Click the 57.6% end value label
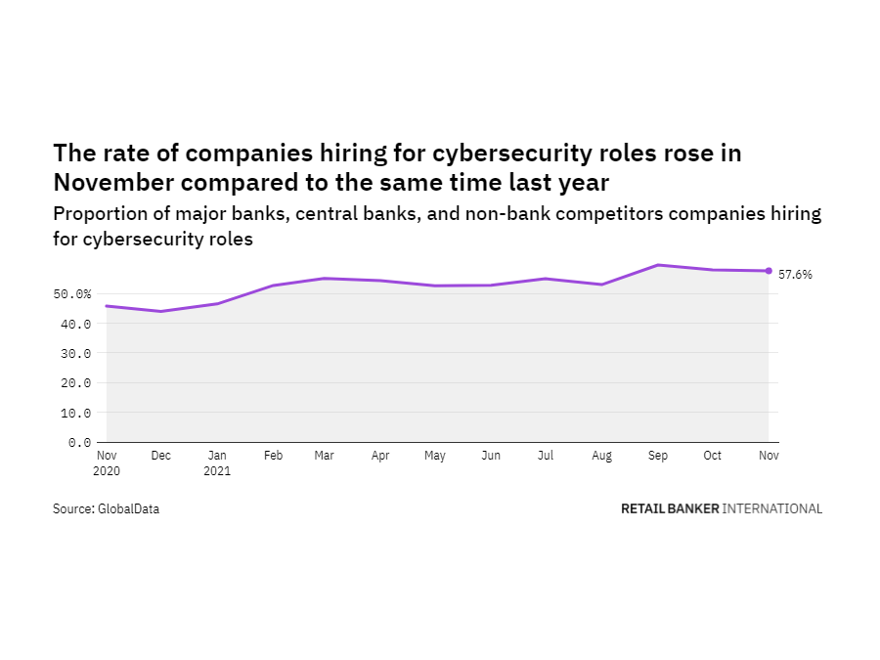[x=795, y=275]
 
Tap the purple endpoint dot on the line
[x=769, y=271]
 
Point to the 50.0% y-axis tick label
[x=73, y=293]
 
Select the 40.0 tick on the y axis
[x=76, y=324]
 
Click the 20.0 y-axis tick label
[x=76, y=383]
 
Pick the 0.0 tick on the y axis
[x=80, y=443]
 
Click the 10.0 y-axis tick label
[x=76, y=413]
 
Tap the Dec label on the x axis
[x=161, y=456]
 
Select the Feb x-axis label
[x=273, y=456]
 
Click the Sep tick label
[x=657, y=456]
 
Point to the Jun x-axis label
[x=492, y=456]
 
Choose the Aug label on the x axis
[x=602, y=456]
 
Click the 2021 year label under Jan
[x=218, y=469]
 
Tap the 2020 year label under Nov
[x=108, y=469]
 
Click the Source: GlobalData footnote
[x=106, y=508]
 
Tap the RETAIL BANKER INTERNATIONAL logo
[x=722, y=508]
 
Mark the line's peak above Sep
[x=658, y=265]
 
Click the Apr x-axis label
[x=381, y=456]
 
